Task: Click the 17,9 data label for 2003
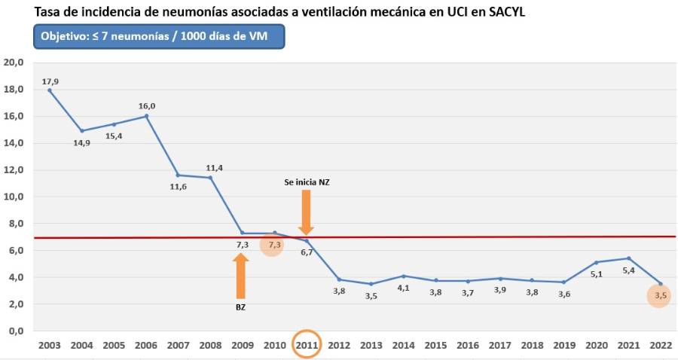click(50, 81)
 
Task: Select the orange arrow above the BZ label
click(241, 276)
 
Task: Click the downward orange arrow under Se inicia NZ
click(306, 211)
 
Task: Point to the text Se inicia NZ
click(307, 183)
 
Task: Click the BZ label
click(241, 307)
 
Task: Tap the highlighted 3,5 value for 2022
click(661, 296)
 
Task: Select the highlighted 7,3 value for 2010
click(273, 245)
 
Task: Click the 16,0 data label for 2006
click(147, 106)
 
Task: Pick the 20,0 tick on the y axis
click(14, 63)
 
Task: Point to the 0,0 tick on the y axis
click(16, 331)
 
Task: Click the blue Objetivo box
click(159, 36)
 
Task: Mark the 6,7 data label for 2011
click(307, 252)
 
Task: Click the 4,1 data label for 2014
click(404, 287)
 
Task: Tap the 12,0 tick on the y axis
click(14, 170)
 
